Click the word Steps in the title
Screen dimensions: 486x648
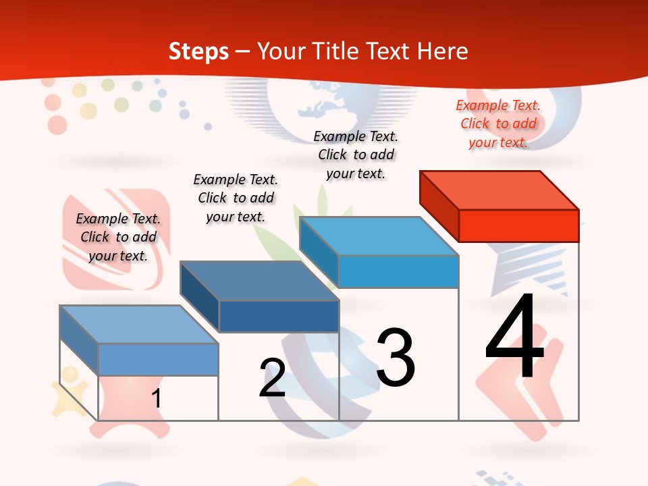pos(198,51)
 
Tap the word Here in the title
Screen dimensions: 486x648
pos(442,51)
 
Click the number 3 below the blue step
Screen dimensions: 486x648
pos(396,358)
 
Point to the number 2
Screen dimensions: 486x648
pos(273,378)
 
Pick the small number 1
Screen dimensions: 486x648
pos(157,398)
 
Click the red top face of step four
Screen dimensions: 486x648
pos(500,190)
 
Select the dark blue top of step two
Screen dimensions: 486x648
pos(259,281)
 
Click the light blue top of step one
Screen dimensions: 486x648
pos(138,325)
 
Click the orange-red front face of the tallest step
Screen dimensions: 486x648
pos(518,225)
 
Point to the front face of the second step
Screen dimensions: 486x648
pos(279,316)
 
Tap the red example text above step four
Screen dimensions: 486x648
pos(498,124)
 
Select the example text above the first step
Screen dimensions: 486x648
pos(118,237)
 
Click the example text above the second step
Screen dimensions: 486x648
pos(236,198)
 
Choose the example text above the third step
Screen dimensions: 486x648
pos(356,155)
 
